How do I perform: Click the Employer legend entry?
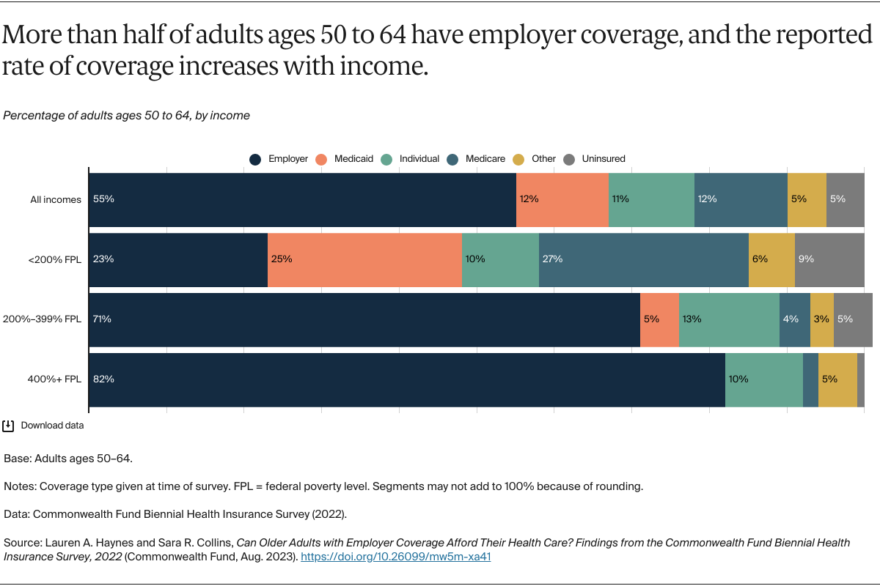coord(279,159)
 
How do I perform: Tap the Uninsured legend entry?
coord(596,159)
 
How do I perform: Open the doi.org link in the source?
coord(395,556)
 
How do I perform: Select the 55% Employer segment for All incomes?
coord(302,199)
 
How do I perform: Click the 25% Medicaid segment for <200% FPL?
coord(364,259)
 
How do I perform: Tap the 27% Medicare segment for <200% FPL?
coord(643,259)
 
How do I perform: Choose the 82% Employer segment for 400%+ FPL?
coord(406,379)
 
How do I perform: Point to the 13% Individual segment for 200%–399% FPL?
coord(728,319)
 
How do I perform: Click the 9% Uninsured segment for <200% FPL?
coord(829,259)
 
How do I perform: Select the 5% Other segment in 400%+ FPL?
coord(837,379)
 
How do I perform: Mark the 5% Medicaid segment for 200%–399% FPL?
coord(659,319)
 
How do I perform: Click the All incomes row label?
coord(56,199)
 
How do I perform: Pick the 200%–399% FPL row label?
coord(43,319)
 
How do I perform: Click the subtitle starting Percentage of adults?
coord(126,115)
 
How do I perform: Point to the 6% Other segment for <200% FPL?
coord(771,259)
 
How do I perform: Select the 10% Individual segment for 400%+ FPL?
coord(763,379)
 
